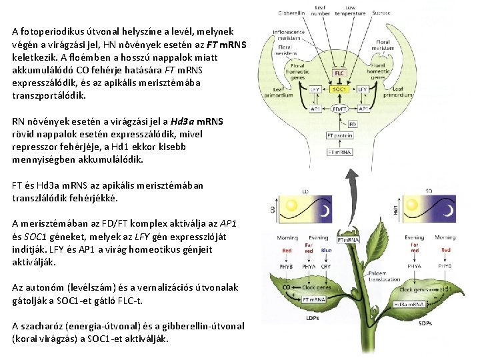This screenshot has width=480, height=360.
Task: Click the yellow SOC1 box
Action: coord(339,89)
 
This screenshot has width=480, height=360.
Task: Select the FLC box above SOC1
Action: coord(339,73)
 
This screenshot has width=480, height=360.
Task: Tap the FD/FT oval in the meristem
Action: coord(339,109)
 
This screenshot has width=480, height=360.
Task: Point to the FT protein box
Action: coord(341,135)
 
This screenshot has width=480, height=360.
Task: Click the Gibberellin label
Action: coord(291,13)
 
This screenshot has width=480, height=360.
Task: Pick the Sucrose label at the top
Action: coord(382,13)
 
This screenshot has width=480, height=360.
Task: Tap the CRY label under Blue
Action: coord(326,266)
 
